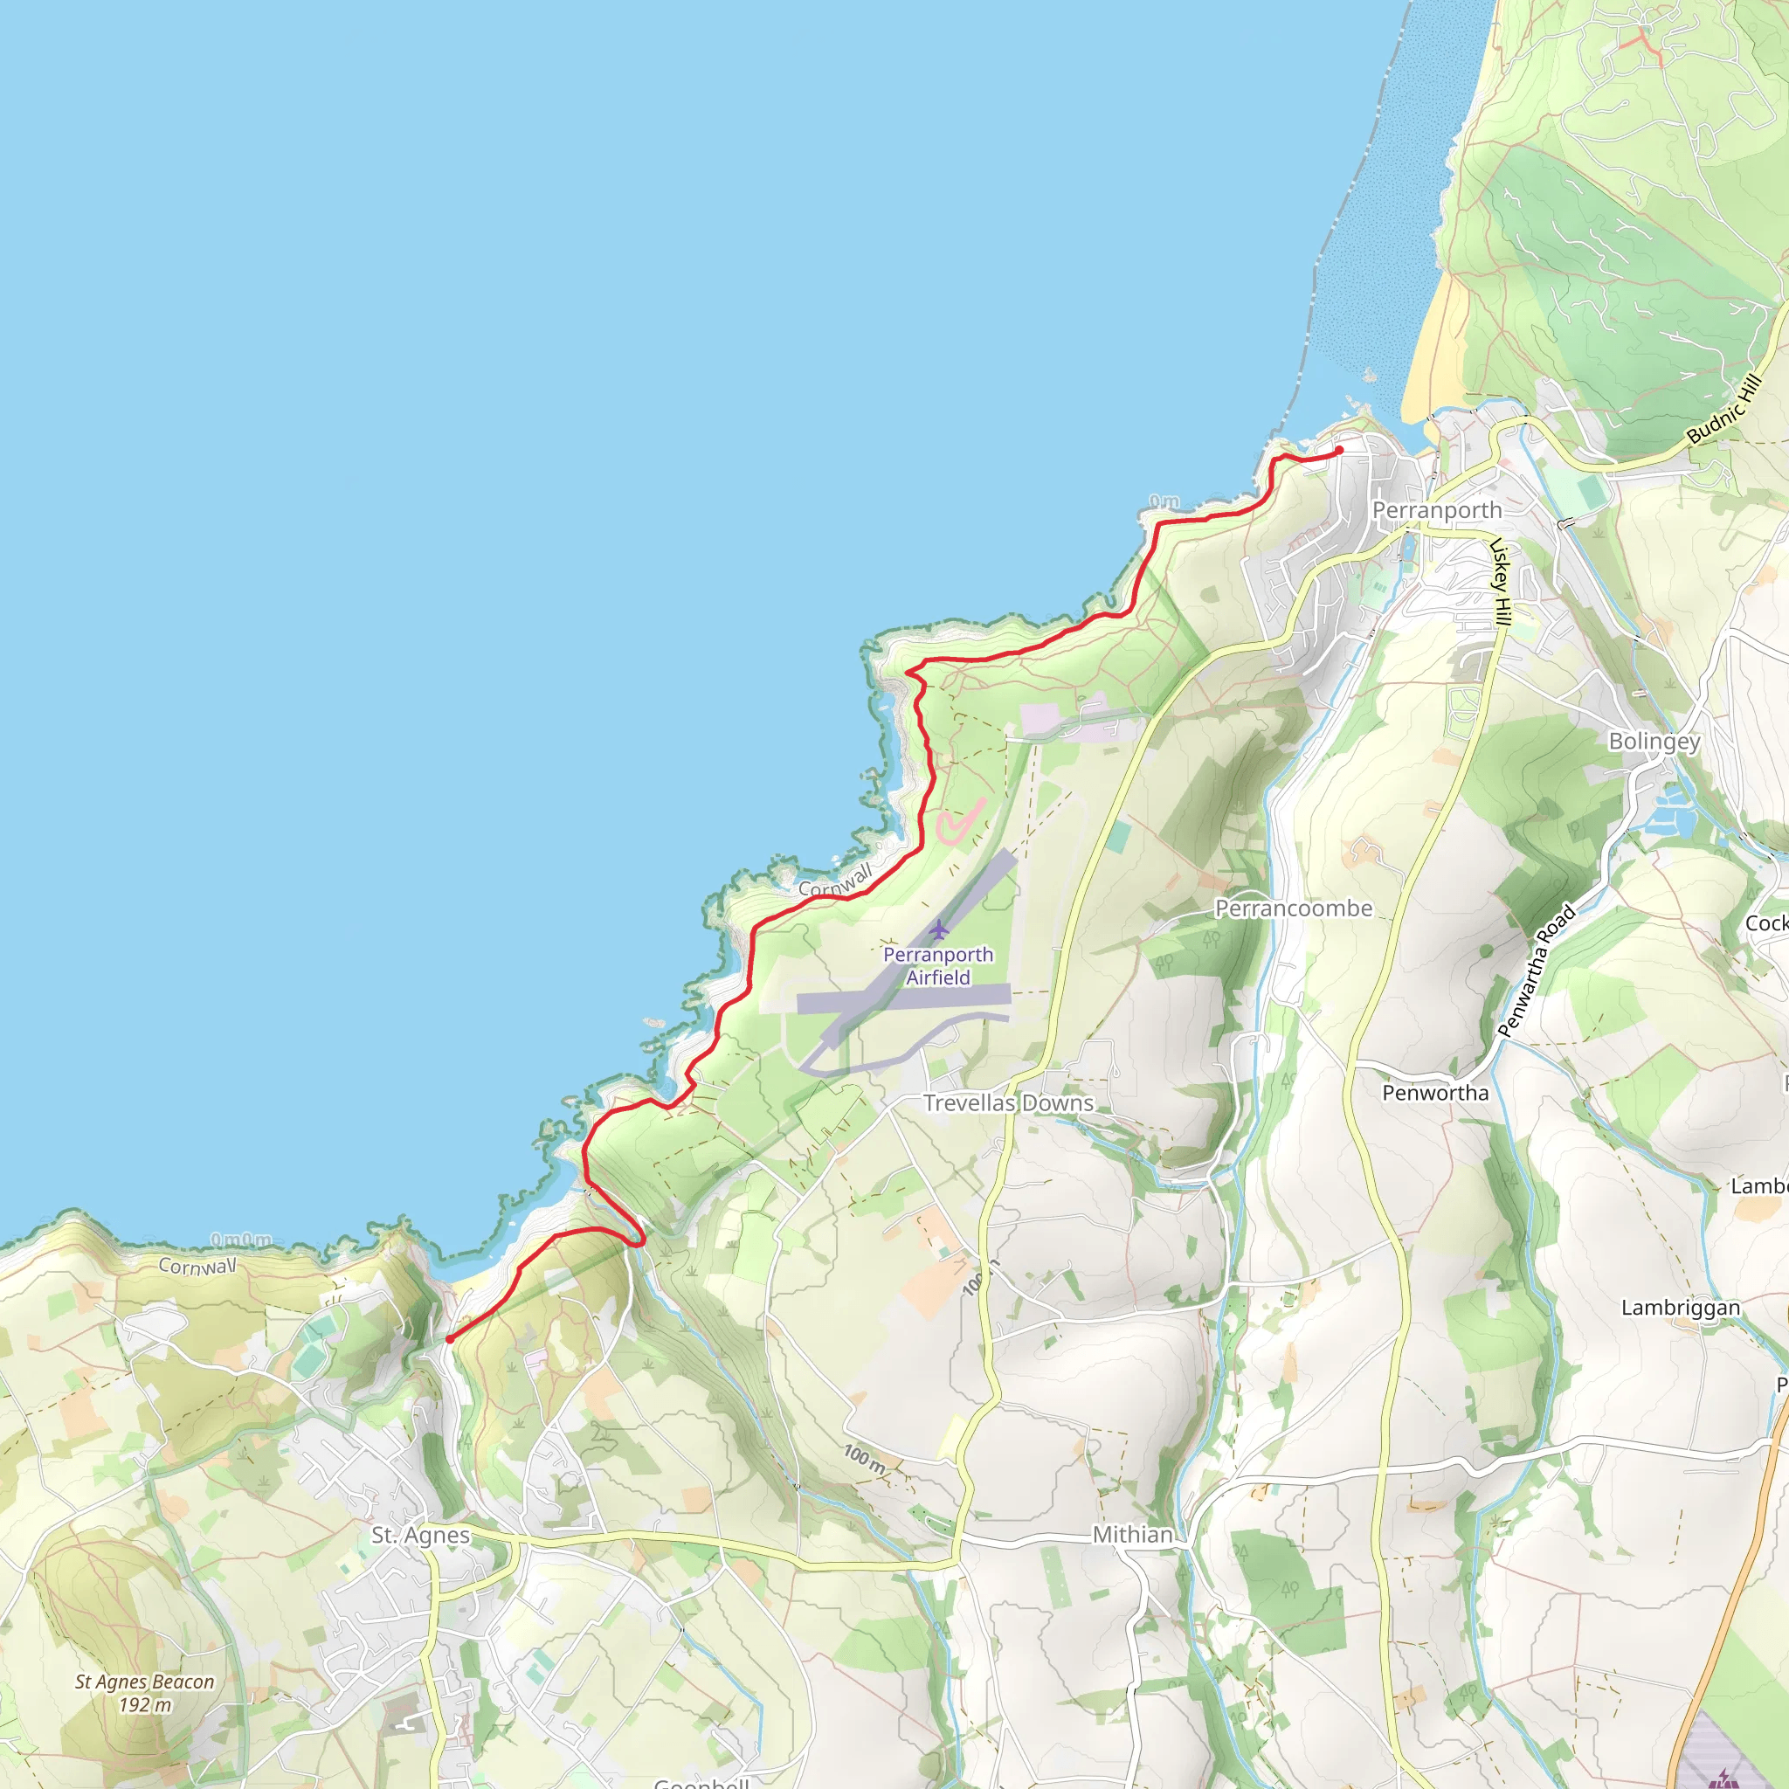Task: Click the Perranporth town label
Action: point(1436,510)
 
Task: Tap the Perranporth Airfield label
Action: point(938,966)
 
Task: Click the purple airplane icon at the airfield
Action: point(939,929)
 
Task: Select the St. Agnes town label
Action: point(420,1536)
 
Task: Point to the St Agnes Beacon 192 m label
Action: point(144,1693)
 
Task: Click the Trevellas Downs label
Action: point(1008,1103)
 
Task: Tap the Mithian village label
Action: point(1132,1534)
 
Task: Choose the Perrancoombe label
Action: point(1294,908)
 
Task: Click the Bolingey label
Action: point(1654,742)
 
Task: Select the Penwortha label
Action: point(1435,1093)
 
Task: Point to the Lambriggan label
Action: point(1681,1308)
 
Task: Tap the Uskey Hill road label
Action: point(1500,581)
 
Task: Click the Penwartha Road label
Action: point(1537,970)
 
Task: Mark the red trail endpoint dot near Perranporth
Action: point(1339,451)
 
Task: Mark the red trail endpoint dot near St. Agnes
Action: point(449,1339)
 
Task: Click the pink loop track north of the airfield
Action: point(957,821)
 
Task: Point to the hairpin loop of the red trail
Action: point(638,1238)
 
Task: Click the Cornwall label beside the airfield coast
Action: point(835,881)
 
